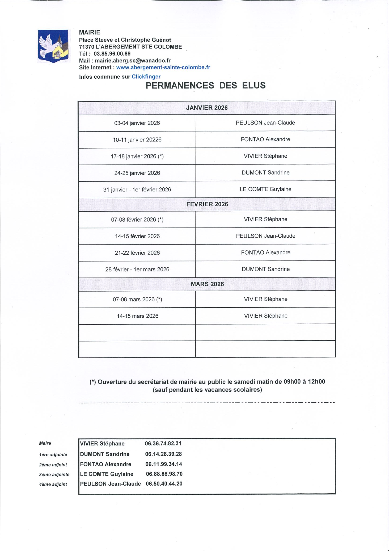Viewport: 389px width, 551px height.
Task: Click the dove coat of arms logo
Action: tap(53, 46)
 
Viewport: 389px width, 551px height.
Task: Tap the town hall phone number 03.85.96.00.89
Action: tap(112, 54)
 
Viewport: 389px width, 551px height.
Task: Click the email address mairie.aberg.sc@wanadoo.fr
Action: tap(132, 61)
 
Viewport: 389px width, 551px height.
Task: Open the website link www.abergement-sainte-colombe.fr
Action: tap(163, 67)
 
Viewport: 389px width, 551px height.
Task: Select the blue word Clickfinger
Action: tap(146, 77)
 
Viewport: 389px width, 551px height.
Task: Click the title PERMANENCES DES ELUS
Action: tap(206, 86)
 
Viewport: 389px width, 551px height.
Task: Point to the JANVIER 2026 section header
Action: tap(207, 108)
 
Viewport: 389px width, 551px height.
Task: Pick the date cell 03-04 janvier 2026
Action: tap(137, 123)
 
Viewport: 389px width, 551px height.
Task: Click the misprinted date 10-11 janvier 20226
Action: tap(137, 140)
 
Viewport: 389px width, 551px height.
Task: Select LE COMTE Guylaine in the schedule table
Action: tap(265, 189)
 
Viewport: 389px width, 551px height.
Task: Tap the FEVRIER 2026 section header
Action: tap(207, 204)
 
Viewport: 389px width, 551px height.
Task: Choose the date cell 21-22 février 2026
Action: tap(137, 253)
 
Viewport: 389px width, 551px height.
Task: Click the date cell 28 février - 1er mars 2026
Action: tap(137, 269)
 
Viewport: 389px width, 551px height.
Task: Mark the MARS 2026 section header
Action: tap(207, 284)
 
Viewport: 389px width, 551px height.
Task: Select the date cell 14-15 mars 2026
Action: tap(137, 316)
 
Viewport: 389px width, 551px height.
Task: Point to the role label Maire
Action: tap(45, 443)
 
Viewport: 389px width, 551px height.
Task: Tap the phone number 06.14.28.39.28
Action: tap(163, 454)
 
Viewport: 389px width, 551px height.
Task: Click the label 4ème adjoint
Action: tap(53, 484)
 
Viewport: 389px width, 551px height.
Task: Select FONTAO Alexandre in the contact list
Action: tap(105, 464)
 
